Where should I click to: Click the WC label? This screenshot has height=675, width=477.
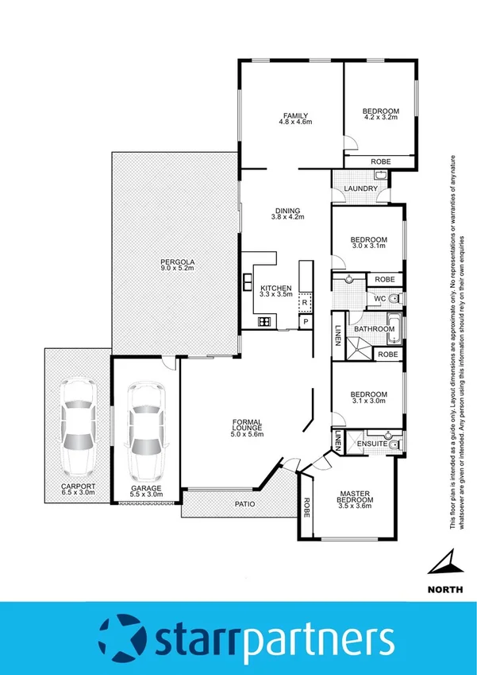coord(379,299)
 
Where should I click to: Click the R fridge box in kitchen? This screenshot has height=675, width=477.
coord(304,302)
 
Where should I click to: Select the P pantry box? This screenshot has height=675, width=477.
coord(304,321)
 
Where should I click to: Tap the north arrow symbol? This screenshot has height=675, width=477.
coord(443,564)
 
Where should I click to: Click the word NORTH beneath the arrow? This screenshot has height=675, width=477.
coord(442,589)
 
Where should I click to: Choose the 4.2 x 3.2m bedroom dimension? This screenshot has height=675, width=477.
coord(380,118)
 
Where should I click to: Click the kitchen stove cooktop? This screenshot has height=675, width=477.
coord(264,321)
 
